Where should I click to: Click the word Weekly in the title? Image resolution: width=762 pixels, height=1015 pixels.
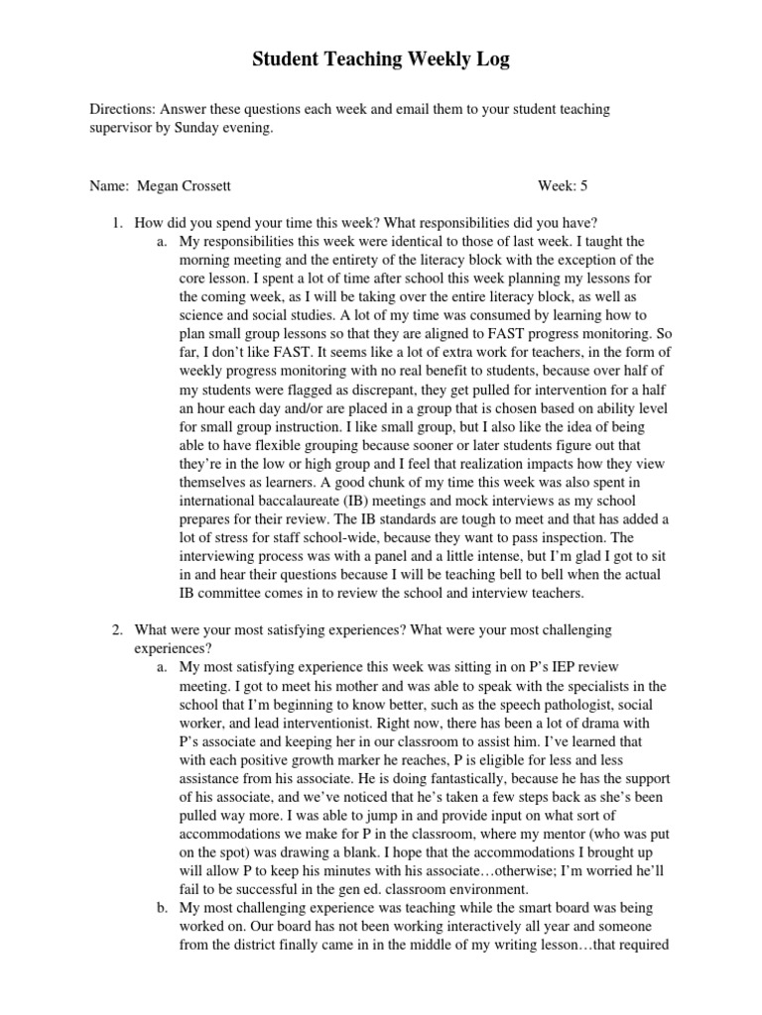click(x=409, y=60)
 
